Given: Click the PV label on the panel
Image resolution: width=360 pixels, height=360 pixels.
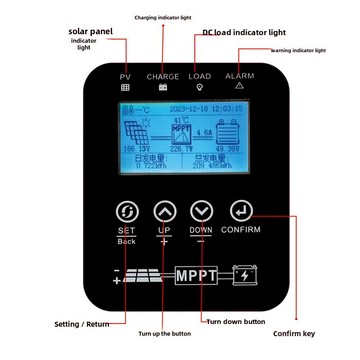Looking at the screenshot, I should click(x=125, y=77).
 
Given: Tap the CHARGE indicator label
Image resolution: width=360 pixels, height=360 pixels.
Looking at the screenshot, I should click(x=163, y=77).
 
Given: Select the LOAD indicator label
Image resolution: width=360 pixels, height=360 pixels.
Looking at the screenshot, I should click(x=200, y=77).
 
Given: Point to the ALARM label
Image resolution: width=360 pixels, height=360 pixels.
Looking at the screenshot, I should click(x=239, y=77).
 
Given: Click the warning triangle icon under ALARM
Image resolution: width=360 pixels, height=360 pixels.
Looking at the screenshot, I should click(x=239, y=88).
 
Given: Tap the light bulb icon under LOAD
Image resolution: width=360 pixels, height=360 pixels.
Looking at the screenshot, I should click(x=200, y=88).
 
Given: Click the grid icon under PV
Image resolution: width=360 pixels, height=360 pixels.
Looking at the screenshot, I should click(x=125, y=88).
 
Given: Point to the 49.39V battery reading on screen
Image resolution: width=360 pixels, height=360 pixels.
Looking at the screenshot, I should click(x=229, y=148).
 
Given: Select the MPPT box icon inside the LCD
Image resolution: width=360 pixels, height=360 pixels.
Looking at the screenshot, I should click(x=181, y=130).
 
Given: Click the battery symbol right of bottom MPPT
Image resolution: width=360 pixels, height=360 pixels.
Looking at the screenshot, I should click(x=245, y=274).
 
